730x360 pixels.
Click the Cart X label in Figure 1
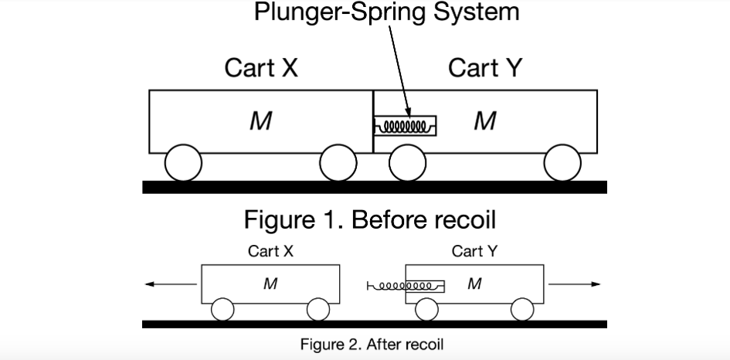[x=261, y=68]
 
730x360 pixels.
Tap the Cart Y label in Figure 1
[x=485, y=68]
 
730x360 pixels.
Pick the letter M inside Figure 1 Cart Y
[x=484, y=121]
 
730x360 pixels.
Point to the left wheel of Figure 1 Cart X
[x=184, y=163]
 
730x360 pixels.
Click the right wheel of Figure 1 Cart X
[x=338, y=163]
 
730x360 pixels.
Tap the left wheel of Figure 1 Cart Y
[x=407, y=163]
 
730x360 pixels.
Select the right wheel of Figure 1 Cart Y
[x=562, y=163]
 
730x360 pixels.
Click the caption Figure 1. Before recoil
[x=370, y=219]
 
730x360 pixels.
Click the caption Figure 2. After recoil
[x=372, y=344]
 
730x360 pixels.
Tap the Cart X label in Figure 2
[x=270, y=251]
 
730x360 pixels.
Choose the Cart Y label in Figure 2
[x=474, y=251]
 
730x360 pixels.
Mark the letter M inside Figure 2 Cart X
[x=270, y=284]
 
